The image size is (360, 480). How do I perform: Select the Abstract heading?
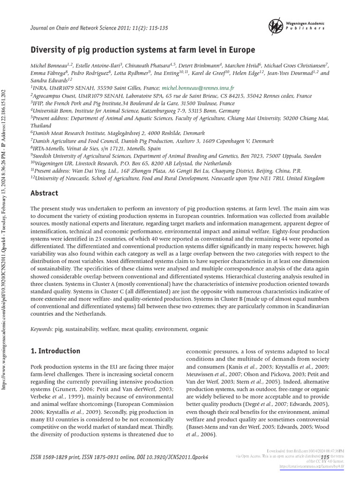(x=44, y=193)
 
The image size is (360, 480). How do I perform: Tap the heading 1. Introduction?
(x=55, y=351)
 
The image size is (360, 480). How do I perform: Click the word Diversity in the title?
(x=50, y=49)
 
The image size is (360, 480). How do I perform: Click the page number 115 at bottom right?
(x=325, y=457)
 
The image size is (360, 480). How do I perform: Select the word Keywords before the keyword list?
(x=42, y=329)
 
